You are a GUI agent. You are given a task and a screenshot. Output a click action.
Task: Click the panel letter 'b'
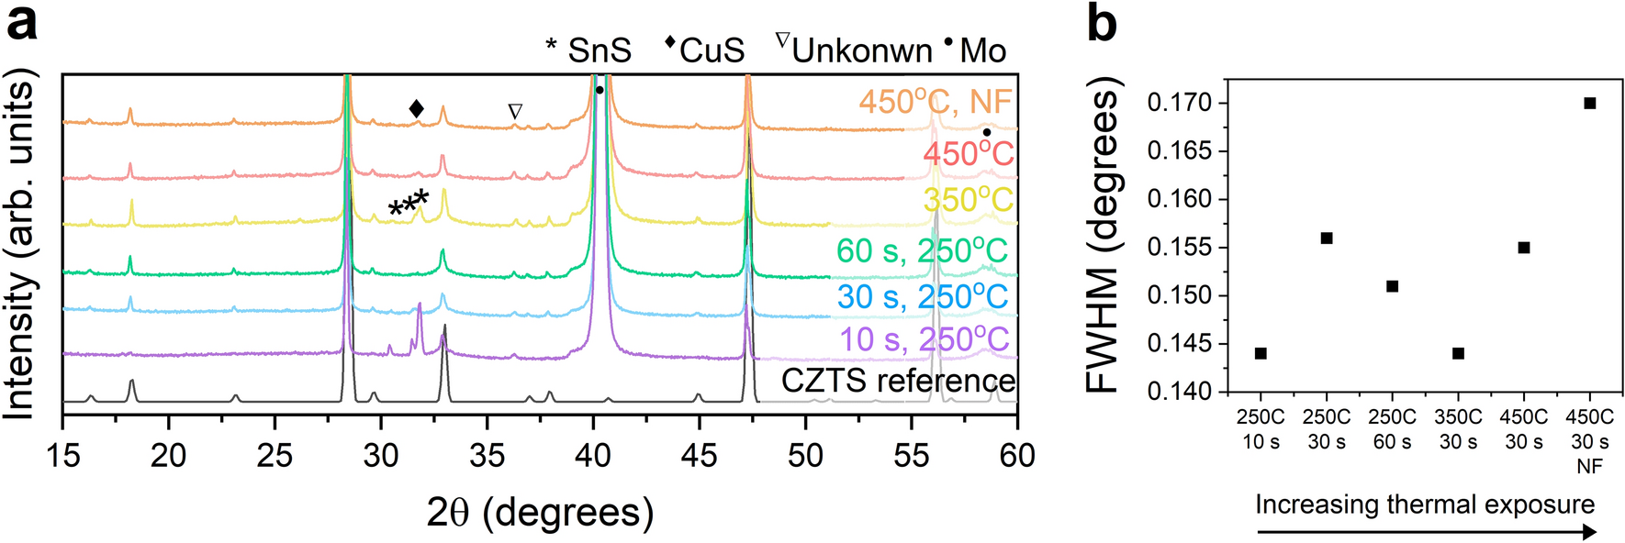[1101, 22]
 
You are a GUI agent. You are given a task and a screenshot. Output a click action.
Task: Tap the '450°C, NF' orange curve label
[935, 102]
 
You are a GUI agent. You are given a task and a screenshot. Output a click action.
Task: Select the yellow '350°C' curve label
[968, 200]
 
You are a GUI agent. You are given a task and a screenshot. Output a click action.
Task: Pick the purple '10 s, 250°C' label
[924, 339]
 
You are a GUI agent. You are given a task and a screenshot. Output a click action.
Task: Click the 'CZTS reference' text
[898, 381]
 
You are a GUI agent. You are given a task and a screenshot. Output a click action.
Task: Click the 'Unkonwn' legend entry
[861, 50]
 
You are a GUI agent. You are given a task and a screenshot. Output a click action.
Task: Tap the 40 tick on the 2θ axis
[594, 456]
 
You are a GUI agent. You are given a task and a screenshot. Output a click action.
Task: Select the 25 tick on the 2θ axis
[275, 456]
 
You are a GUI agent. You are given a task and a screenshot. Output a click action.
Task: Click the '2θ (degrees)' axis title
[540, 512]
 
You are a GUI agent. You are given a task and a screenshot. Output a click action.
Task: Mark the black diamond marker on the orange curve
[417, 109]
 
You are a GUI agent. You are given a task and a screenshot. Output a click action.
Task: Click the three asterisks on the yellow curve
[409, 204]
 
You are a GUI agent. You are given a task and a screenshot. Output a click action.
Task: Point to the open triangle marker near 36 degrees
[515, 111]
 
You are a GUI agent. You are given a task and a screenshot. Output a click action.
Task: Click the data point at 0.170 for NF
[1590, 103]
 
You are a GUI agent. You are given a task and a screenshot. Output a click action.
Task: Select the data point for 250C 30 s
[1327, 238]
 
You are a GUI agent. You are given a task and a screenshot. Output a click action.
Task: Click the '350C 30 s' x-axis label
[1458, 429]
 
